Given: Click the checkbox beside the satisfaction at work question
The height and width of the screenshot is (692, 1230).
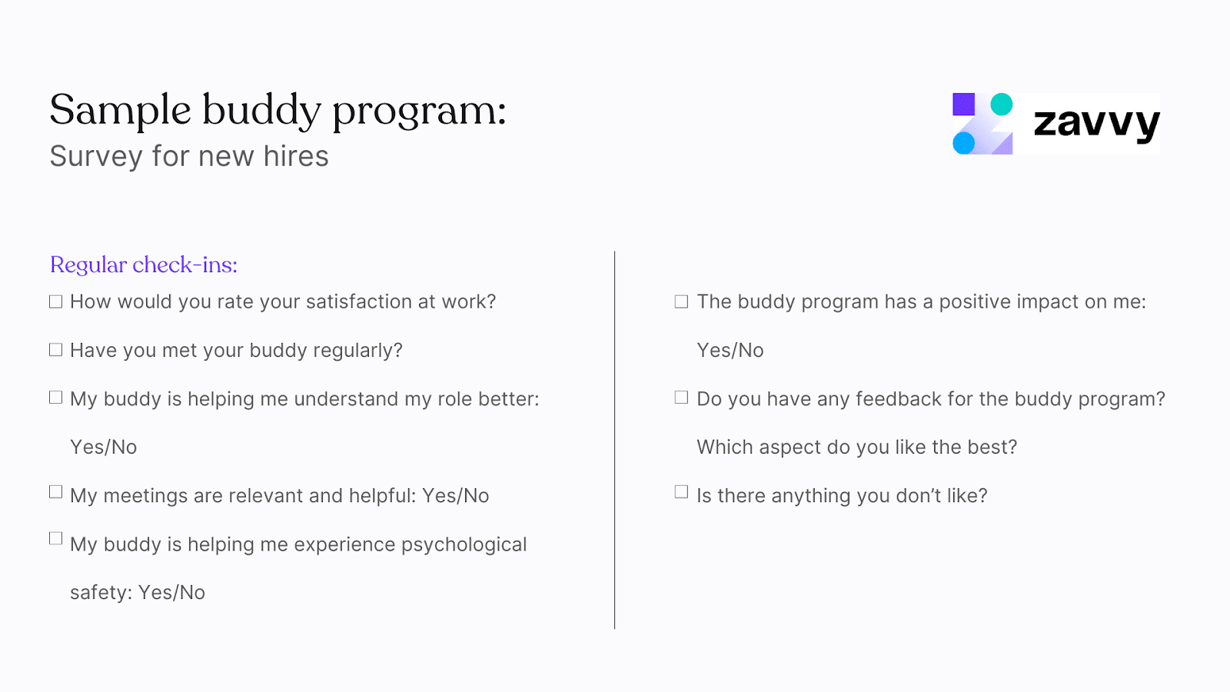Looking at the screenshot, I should [55, 301].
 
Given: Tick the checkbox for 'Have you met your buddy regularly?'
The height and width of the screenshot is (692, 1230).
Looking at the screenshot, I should [55, 350].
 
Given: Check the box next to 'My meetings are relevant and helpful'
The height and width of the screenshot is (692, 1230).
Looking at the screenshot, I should [55, 491].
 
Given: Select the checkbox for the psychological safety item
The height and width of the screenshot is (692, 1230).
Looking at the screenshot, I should [55, 538].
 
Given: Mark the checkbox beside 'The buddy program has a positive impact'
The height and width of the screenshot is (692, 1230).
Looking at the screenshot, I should [681, 301].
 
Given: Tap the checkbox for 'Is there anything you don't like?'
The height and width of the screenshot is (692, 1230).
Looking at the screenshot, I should [681, 491].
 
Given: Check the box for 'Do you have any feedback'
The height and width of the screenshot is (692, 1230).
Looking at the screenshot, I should [681, 398].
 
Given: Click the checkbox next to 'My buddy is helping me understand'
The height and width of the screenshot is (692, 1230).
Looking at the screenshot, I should [55, 398].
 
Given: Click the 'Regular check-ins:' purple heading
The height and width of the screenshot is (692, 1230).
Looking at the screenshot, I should [144, 265].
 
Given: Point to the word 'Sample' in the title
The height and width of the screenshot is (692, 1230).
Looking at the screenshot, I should [120, 111].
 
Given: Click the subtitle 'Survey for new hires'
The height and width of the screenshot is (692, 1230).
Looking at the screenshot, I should [189, 157].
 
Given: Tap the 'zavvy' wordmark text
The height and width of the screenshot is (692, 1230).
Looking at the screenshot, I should [1096, 123].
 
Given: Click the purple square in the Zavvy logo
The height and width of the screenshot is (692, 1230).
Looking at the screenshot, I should [963, 105].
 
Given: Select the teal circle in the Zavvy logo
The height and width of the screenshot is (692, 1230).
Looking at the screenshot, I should [1001, 105].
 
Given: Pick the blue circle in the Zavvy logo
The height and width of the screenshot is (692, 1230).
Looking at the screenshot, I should [963, 143].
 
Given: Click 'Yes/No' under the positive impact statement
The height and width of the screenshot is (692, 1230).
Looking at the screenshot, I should [730, 351].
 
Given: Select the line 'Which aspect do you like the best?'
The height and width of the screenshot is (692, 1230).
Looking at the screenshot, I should [856, 447].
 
